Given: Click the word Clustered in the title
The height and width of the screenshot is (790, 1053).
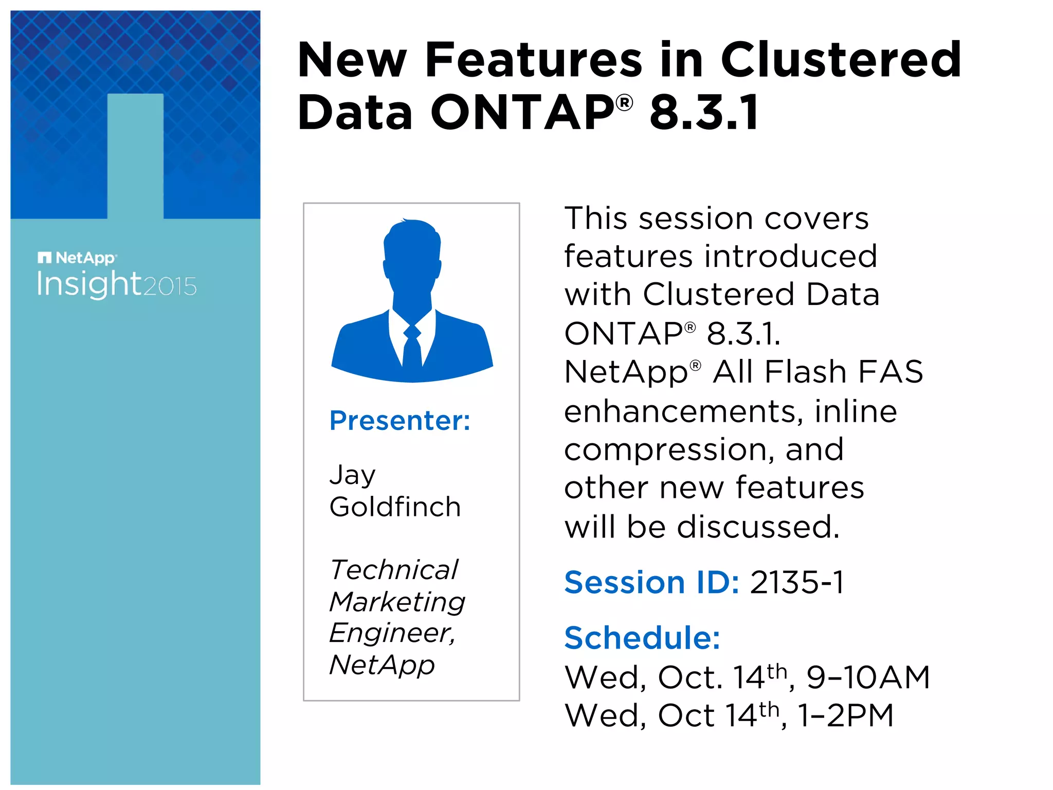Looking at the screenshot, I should [841, 60].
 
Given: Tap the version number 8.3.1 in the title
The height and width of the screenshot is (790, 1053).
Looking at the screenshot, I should [704, 112].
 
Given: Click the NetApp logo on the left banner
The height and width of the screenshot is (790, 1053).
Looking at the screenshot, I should [77, 258].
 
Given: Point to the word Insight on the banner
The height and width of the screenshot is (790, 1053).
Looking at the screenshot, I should [88, 284].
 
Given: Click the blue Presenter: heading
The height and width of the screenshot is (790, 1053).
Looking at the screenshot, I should [400, 421].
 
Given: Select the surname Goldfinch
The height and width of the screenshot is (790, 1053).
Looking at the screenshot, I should [395, 507].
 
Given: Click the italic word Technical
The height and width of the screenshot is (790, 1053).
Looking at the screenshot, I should [394, 570].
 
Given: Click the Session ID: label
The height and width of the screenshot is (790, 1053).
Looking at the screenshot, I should [651, 583].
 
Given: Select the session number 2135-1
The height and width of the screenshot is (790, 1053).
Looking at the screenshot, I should [797, 583].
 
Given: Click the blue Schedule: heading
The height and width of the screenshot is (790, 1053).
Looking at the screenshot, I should [642, 638].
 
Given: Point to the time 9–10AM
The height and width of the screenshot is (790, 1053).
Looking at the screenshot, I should [868, 677].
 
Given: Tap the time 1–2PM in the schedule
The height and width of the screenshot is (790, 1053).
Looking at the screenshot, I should [845, 715].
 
